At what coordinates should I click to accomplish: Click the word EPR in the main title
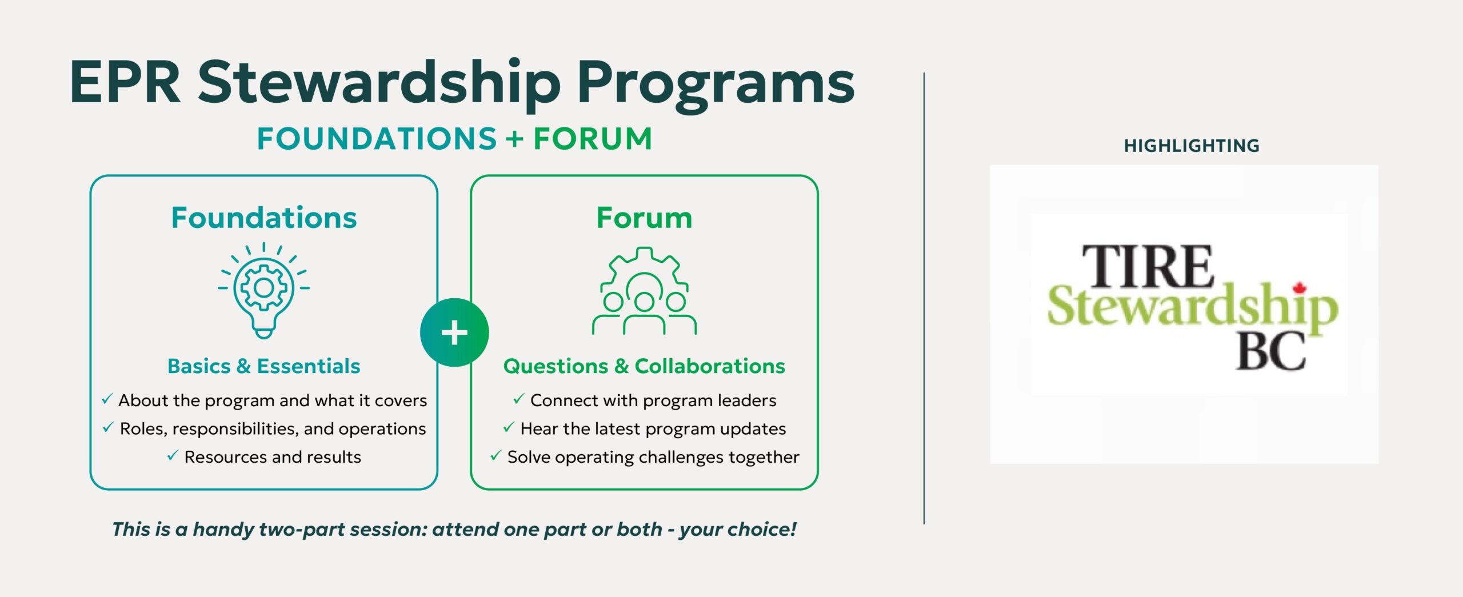[125, 82]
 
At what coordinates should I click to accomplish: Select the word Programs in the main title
[715, 86]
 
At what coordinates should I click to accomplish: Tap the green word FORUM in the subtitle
[593, 139]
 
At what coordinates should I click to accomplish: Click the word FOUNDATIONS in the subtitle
[377, 139]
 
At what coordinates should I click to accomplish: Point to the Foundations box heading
[264, 218]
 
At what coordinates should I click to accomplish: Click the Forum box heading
[644, 218]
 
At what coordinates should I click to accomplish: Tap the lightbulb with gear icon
[264, 290]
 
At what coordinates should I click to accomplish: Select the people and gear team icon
[644, 290]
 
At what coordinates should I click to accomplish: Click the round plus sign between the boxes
[454, 332]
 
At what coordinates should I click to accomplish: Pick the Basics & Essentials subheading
[264, 366]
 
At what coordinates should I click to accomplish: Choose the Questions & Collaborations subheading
[644, 366]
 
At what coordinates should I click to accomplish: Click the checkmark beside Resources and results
[173, 455]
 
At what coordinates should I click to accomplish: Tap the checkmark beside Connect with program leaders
[518, 399]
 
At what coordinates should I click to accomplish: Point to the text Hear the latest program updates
[653, 429]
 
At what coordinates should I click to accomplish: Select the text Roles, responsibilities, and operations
[273, 429]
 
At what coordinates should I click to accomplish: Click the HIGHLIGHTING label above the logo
[1192, 146]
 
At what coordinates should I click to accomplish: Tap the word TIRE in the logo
[1148, 266]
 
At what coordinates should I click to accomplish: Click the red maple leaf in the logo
[1300, 288]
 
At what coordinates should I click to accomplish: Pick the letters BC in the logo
[1271, 351]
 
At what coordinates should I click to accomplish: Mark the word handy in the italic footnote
[222, 530]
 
